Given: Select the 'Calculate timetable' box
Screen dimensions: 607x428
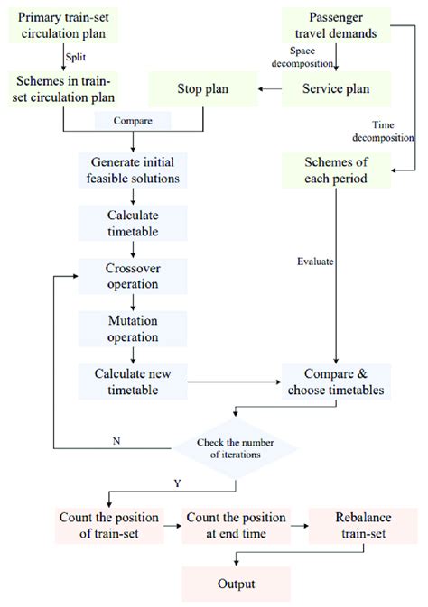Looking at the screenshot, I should pyautogui.click(x=134, y=223).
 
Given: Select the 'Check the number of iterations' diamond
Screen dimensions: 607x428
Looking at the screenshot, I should pyautogui.click(x=237, y=446).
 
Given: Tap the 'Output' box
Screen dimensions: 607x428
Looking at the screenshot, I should pyautogui.click(x=237, y=584).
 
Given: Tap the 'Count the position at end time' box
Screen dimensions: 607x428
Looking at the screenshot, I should pyautogui.click(x=237, y=526).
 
